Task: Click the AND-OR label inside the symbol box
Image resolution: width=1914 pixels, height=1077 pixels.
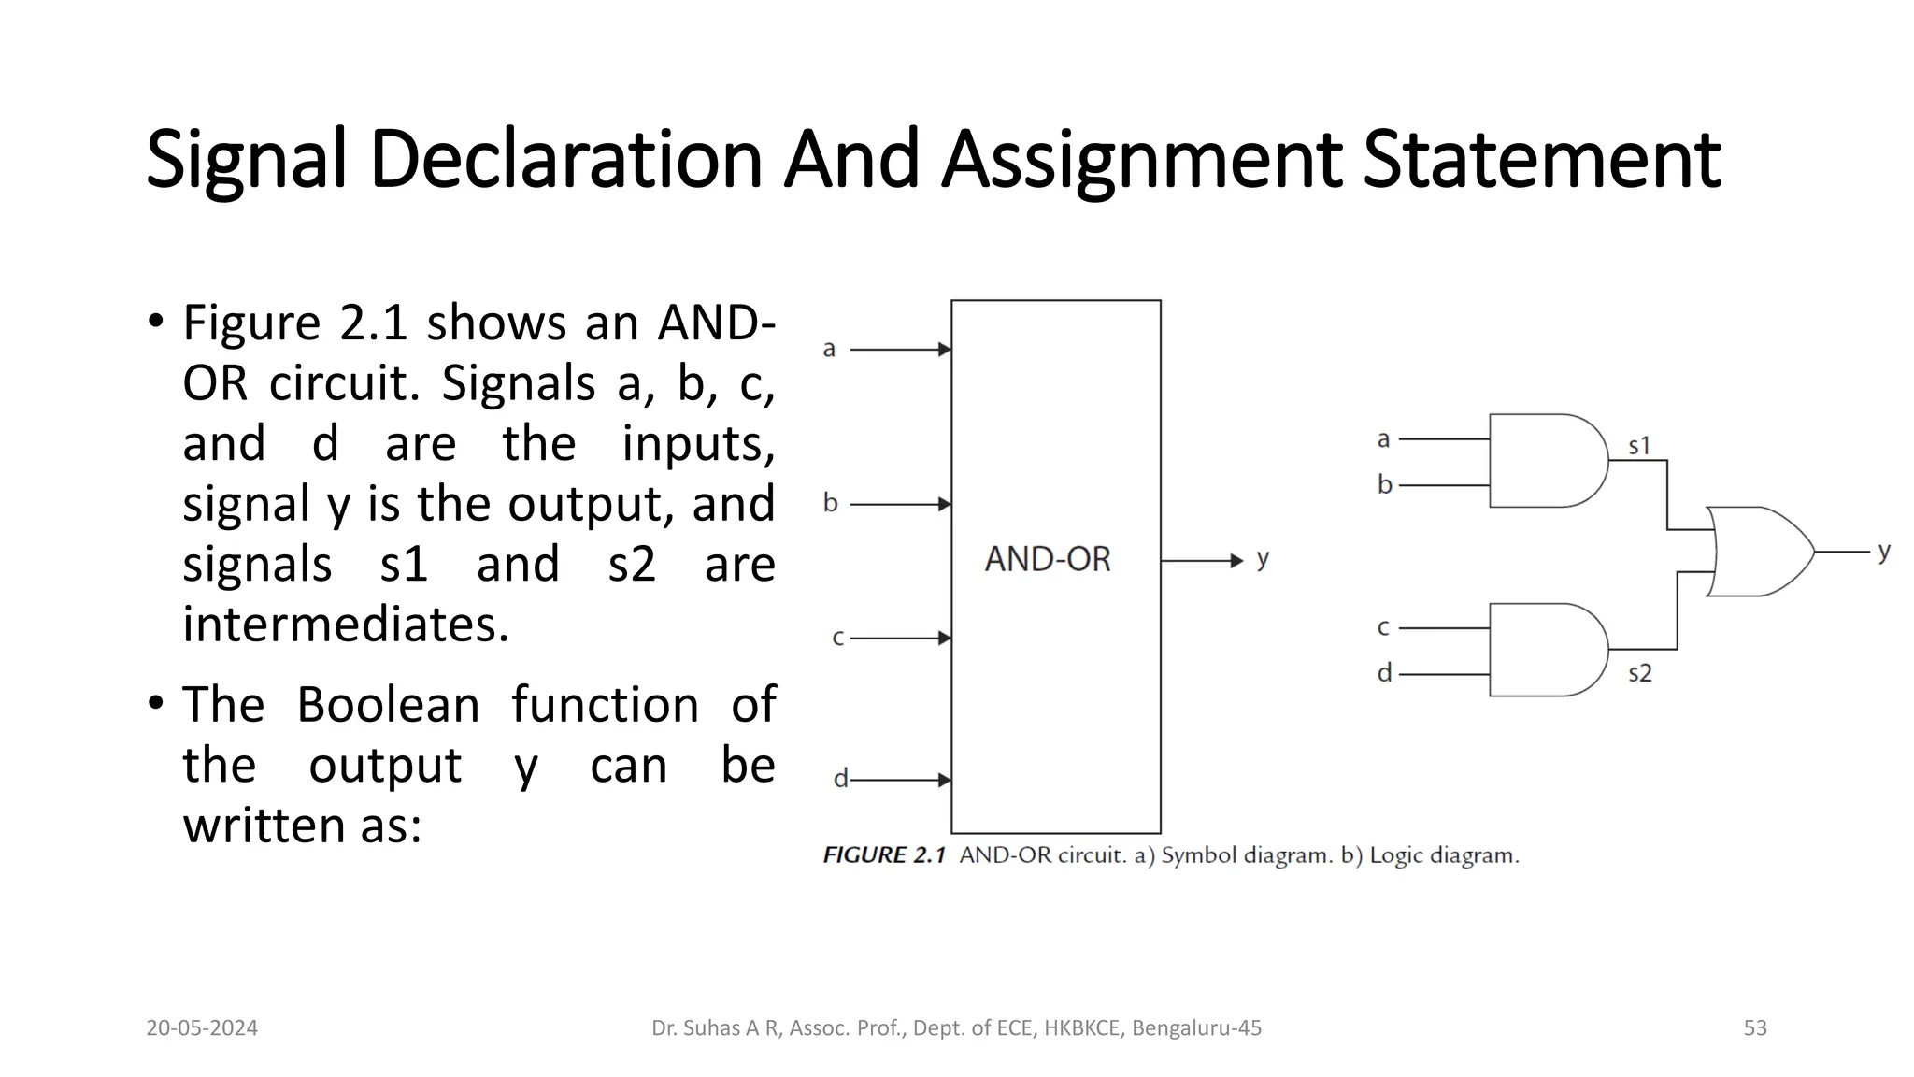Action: pyautogui.click(x=1048, y=559)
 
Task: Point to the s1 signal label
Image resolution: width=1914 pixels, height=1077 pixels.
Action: pyautogui.click(x=1639, y=446)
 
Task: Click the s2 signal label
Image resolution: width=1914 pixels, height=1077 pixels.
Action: pyautogui.click(x=1639, y=673)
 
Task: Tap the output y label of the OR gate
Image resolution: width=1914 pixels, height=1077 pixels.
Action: pyautogui.click(x=1884, y=551)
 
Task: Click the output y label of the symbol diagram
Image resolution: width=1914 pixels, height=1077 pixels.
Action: pyautogui.click(x=1263, y=559)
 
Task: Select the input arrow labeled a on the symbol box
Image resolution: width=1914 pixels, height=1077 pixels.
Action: pyautogui.click(x=900, y=350)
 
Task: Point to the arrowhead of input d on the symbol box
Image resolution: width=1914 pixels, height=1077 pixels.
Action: pyautogui.click(x=945, y=780)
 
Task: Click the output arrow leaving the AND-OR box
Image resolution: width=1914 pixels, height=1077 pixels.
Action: pyautogui.click(x=1202, y=561)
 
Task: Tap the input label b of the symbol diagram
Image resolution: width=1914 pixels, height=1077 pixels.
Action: pyautogui.click(x=830, y=503)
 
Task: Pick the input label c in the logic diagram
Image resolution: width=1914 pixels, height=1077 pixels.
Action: pyautogui.click(x=1383, y=627)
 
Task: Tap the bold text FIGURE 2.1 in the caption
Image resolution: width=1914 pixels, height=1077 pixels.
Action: pyautogui.click(x=884, y=855)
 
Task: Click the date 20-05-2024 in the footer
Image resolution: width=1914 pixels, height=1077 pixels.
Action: pyautogui.click(x=202, y=1028)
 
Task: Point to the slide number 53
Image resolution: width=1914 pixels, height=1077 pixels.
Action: pyautogui.click(x=1755, y=1028)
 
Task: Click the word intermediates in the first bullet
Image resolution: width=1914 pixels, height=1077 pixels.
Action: pyautogui.click(x=346, y=625)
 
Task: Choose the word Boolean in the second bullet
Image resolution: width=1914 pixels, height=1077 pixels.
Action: pyautogui.click(x=388, y=705)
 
